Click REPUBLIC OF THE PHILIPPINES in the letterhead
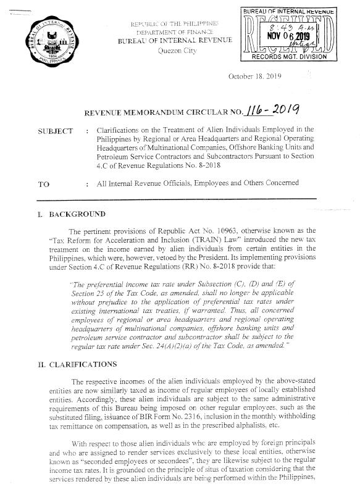(176, 23)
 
